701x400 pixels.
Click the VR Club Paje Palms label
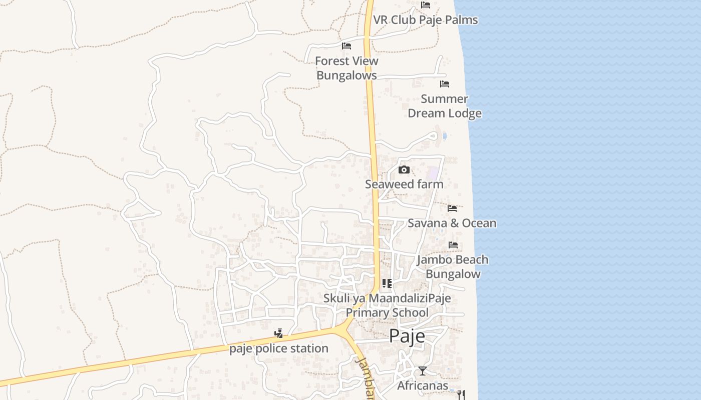tap(425, 20)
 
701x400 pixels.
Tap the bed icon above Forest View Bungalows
tap(346, 46)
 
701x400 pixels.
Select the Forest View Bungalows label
tap(346, 68)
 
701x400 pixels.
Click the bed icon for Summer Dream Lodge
tap(444, 84)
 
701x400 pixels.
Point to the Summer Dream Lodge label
tap(444, 106)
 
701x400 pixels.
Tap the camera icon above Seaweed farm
tap(404, 170)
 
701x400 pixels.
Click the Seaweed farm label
tap(404, 184)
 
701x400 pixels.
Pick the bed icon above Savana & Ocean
tap(452, 208)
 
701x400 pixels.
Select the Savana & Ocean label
tap(452, 223)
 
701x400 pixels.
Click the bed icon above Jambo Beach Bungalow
tap(453, 245)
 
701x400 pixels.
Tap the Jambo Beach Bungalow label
tap(453, 266)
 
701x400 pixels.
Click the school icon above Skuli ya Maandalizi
tap(387, 283)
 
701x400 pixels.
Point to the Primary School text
tap(387, 312)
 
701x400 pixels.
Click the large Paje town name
tap(407, 335)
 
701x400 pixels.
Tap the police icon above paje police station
tap(279, 333)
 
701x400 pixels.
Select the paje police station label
tap(279, 348)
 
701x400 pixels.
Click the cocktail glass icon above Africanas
tap(423, 371)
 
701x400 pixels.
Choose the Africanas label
tap(423, 385)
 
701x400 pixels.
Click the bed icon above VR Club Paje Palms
tap(426, 5)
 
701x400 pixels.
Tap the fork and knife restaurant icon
tap(461, 395)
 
